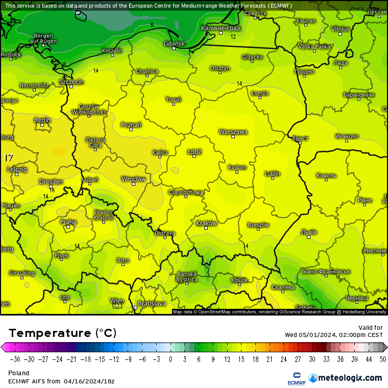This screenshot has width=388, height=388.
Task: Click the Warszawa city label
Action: point(233,132)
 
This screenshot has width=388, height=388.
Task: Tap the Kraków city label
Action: point(206,223)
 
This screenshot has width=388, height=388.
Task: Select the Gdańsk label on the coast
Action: point(174,43)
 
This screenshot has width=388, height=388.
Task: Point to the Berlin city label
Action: point(42,120)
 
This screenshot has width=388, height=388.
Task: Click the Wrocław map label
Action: point(133,179)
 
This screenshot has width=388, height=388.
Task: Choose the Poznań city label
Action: point(131,125)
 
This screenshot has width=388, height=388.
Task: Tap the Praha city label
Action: point(68,222)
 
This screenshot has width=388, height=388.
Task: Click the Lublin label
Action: point(273,174)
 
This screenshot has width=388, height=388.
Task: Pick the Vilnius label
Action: point(340,29)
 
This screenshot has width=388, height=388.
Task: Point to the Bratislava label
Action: point(152,303)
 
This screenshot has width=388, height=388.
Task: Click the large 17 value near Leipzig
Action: point(9,158)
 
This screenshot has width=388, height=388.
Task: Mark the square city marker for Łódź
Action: point(194,156)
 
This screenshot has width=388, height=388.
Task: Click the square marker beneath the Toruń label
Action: point(174,104)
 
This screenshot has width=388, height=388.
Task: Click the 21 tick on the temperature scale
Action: point(269,359)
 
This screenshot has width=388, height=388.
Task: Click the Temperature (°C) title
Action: point(62,333)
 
